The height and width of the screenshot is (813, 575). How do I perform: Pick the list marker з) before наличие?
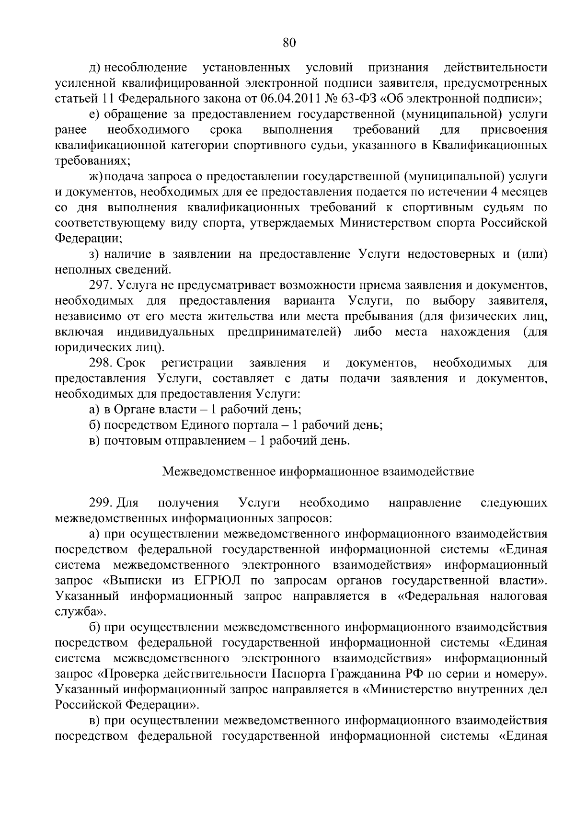click(x=94, y=254)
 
